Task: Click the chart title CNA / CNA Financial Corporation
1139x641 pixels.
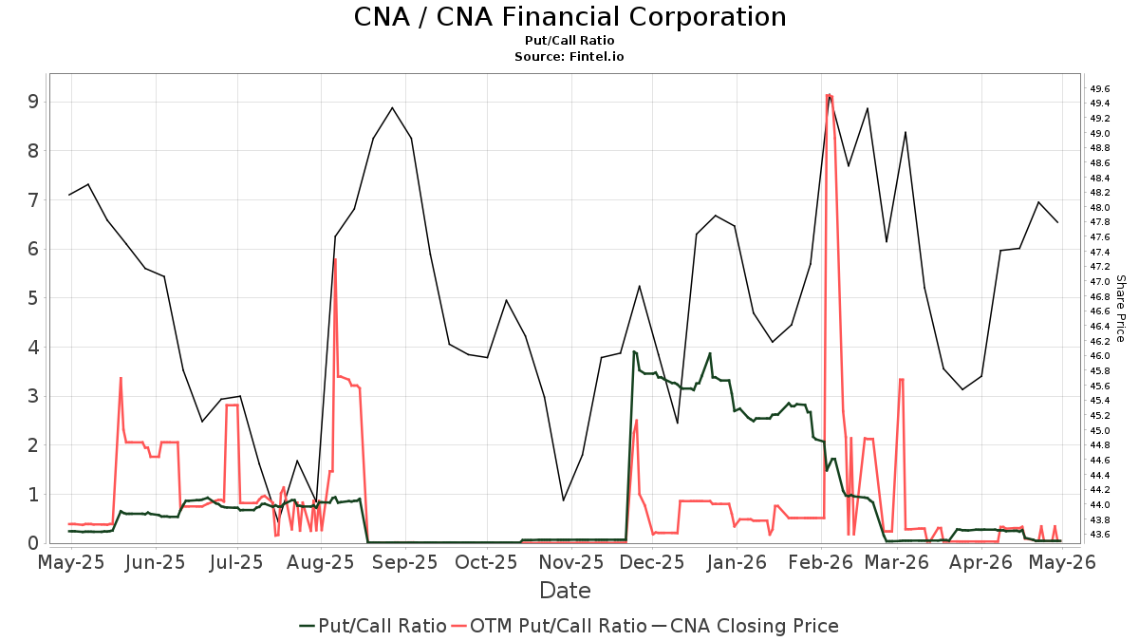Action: click(569, 17)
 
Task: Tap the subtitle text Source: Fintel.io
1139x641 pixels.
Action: click(569, 56)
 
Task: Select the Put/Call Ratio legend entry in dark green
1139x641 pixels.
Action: click(373, 626)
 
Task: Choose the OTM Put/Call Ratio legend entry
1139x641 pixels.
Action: click(551, 626)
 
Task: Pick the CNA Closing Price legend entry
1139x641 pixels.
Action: click(745, 626)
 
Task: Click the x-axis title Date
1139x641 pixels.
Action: click(565, 591)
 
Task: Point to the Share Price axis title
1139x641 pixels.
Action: click(1120, 309)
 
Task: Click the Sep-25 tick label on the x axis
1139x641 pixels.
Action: click(404, 562)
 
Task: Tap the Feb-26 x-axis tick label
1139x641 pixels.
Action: click(820, 562)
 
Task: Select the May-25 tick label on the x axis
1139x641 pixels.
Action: click(71, 562)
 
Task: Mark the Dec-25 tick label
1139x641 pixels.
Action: click(652, 562)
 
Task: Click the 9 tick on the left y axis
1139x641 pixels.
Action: click(33, 102)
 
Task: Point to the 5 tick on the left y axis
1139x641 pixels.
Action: click(33, 298)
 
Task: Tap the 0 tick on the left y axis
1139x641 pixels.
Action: click(33, 543)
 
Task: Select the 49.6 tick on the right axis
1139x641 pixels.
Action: click(1099, 89)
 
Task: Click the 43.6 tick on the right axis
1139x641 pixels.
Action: click(1099, 534)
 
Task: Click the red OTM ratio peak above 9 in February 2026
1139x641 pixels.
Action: click(829, 95)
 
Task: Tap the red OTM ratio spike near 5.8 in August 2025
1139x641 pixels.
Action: click(335, 259)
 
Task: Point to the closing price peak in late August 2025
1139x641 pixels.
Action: click(392, 108)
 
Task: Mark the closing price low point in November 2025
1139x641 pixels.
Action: click(563, 500)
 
